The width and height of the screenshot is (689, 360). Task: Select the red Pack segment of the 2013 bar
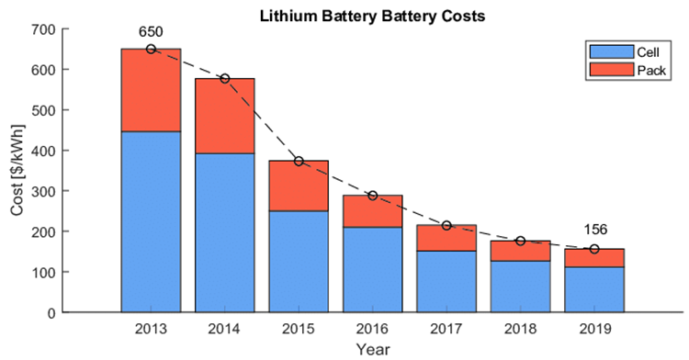151,90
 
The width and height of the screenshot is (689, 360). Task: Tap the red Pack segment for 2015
299,186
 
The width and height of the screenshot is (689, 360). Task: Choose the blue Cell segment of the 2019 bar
593,289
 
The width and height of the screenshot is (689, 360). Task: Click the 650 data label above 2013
151,31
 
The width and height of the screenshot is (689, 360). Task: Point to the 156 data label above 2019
593,231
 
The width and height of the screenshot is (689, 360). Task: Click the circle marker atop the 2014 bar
224,78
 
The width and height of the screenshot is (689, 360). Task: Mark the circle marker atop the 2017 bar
446,225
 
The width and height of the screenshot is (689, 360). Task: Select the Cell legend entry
635,53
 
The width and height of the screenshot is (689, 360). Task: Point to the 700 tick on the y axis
42,29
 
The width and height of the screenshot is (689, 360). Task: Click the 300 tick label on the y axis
42,191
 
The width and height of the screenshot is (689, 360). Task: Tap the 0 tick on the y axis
51,312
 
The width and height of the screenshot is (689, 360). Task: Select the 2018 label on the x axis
520,328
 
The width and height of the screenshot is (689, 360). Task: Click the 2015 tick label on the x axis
299,328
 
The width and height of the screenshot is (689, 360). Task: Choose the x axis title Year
372,348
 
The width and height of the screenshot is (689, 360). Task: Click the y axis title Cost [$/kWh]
17,171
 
